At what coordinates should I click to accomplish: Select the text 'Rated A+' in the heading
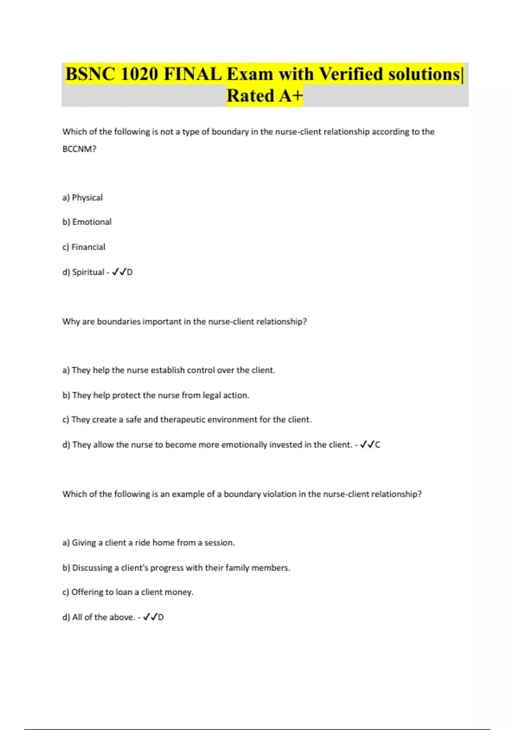tap(265, 96)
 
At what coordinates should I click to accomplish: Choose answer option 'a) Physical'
tap(82, 198)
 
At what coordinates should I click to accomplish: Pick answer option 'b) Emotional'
tap(87, 222)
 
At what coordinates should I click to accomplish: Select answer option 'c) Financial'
tap(84, 247)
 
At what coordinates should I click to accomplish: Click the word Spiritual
tap(88, 272)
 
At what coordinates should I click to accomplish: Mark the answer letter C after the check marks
tap(378, 445)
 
